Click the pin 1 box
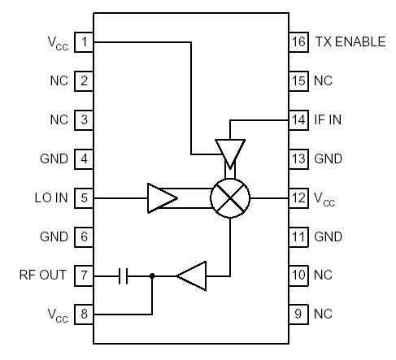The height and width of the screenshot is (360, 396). pyautogui.click(x=84, y=41)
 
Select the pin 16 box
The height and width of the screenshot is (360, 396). pyautogui.click(x=299, y=41)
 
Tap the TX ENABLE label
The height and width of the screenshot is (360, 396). pyautogui.click(x=350, y=41)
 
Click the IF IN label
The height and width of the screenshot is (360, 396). pyautogui.click(x=328, y=119)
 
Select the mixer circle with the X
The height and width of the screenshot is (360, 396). pyautogui.click(x=230, y=197)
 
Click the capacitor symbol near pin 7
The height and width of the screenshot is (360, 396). pyautogui.click(x=124, y=275)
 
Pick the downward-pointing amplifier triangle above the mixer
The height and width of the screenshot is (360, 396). pyautogui.click(x=230, y=151)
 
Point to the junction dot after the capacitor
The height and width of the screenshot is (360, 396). pyautogui.click(x=152, y=275)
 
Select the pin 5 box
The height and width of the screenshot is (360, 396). pyautogui.click(x=84, y=197)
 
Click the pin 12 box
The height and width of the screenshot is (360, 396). pyautogui.click(x=299, y=197)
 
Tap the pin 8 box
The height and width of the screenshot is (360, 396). pyautogui.click(x=84, y=314)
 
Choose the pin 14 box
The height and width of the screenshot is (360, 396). pyautogui.click(x=299, y=119)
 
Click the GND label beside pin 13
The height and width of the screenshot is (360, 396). pyautogui.click(x=328, y=158)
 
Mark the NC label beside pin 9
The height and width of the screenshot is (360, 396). pyautogui.click(x=323, y=314)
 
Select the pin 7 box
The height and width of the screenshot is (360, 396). pyautogui.click(x=84, y=275)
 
